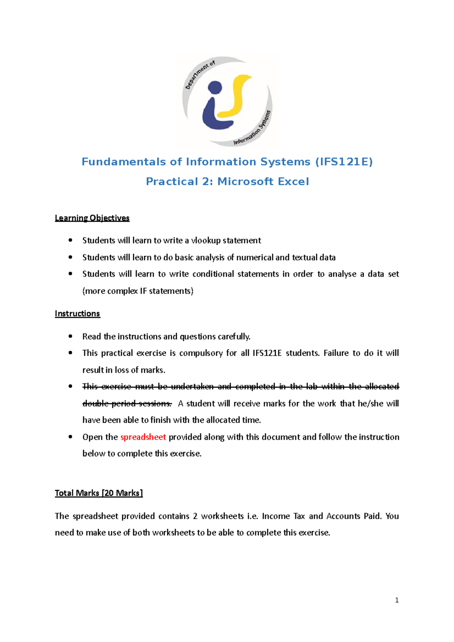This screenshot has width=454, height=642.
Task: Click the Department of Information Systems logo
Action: [x=227, y=101]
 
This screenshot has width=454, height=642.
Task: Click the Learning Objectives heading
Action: [x=92, y=218]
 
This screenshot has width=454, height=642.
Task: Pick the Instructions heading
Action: [x=77, y=314]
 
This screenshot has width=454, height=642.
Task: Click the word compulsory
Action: [x=201, y=353]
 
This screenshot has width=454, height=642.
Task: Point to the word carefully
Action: [x=233, y=337]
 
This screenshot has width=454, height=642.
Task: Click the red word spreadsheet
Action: [x=143, y=437]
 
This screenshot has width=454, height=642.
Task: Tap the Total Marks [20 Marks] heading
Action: [x=98, y=493]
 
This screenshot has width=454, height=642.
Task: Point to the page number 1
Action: [x=396, y=600]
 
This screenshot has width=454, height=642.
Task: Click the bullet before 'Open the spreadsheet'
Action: [x=70, y=437]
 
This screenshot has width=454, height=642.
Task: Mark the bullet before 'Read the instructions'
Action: [x=70, y=336]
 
